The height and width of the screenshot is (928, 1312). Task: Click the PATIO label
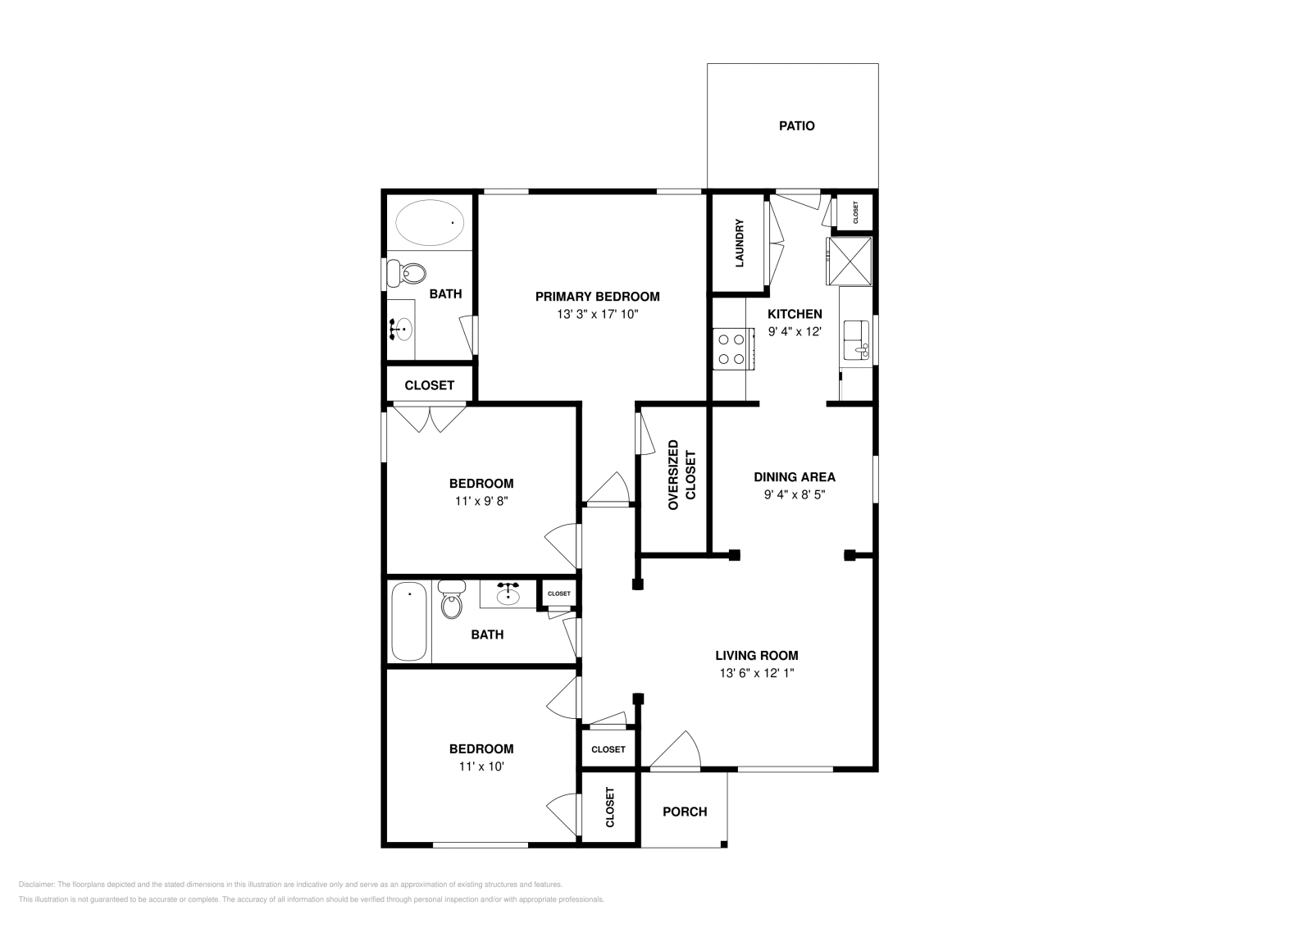click(x=796, y=126)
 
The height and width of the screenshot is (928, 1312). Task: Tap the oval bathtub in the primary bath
click(x=430, y=222)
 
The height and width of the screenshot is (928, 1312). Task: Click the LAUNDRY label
click(x=739, y=243)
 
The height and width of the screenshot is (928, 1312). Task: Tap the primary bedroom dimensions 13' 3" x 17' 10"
click(x=597, y=314)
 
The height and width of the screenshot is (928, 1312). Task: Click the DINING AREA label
click(x=795, y=477)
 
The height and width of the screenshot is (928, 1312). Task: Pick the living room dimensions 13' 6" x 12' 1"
click(x=756, y=673)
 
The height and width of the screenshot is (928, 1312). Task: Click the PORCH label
click(x=685, y=812)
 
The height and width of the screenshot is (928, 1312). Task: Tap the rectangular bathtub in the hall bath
click(x=409, y=621)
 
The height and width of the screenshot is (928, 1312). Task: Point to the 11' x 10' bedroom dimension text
click(x=481, y=767)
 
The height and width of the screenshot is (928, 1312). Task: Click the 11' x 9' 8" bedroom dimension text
click(x=481, y=501)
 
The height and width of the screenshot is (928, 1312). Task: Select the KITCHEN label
click(x=795, y=314)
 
